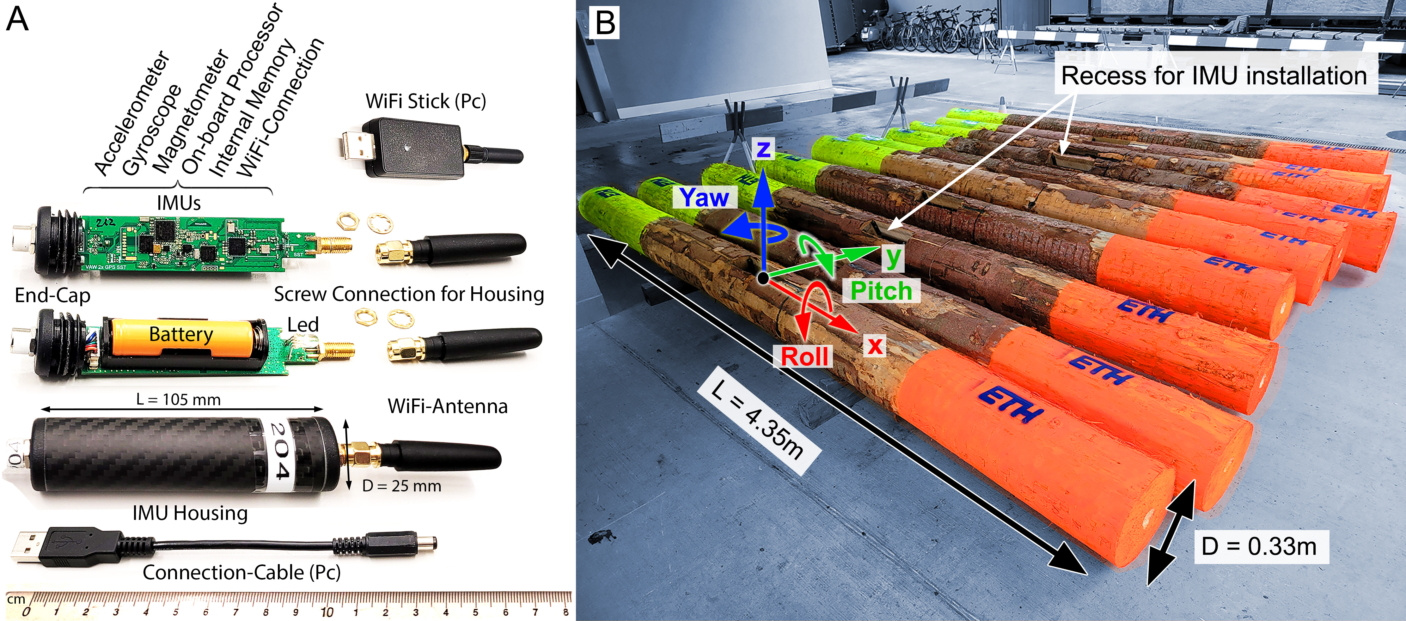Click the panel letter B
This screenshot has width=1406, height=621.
[605, 23]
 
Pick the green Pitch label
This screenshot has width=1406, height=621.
[881, 291]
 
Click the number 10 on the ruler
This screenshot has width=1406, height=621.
[327, 612]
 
